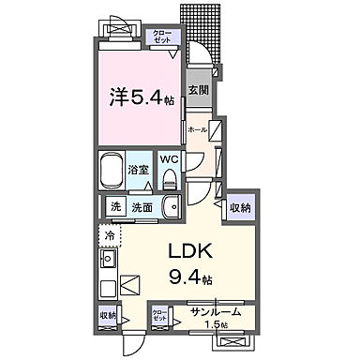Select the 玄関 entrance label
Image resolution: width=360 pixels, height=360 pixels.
pyautogui.click(x=198, y=91)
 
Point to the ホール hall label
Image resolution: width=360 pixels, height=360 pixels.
pyautogui.click(x=197, y=128)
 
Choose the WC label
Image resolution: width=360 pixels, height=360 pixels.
pyautogui.click(x=169, y=159)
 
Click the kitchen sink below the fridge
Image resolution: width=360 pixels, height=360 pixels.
pyautogui.click(x=107, y=257)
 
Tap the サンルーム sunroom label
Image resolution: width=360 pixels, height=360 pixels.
pyautogui.click(x=216, y=311)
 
